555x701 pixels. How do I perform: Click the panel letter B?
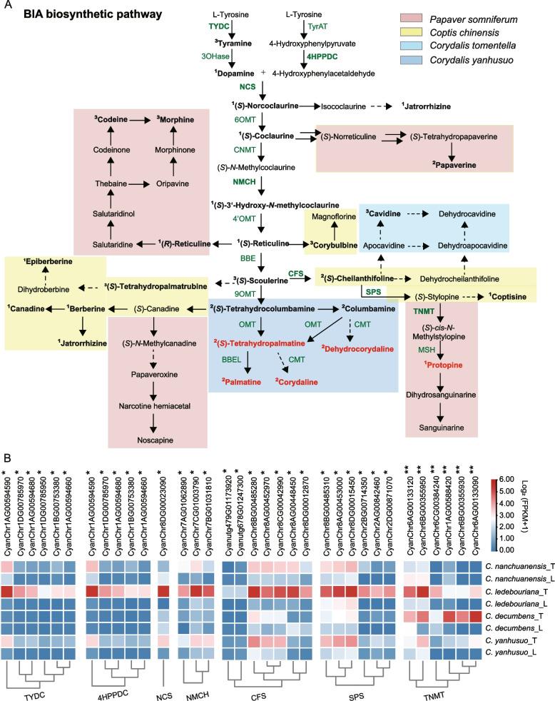pos(6,454)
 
